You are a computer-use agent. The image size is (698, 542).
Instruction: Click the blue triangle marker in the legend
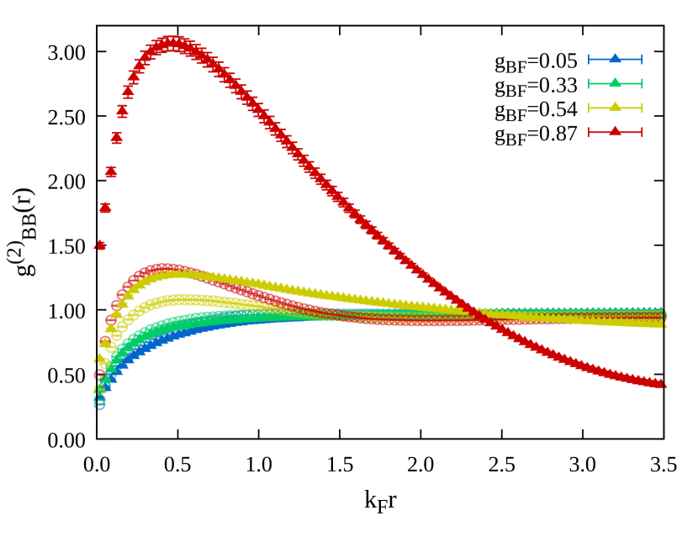[615, 59]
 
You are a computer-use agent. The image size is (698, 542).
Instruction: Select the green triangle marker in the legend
[615, 83]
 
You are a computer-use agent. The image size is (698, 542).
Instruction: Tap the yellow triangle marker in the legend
[615, 108]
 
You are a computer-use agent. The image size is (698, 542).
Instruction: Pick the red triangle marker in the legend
[615, 132]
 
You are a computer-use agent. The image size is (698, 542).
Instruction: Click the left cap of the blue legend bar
[589, 59]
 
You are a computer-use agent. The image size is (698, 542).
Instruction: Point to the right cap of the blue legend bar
[642, 59]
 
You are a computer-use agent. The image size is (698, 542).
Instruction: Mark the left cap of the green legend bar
[589, 83]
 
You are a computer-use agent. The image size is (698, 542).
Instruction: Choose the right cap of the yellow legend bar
[642, 108]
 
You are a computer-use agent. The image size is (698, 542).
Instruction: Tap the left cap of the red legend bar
[589, 132]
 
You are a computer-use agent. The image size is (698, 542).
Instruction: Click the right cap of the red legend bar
[642, 132]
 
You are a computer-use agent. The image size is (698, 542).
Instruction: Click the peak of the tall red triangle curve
[172, 42]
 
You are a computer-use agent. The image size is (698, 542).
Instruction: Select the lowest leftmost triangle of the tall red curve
[99, 245]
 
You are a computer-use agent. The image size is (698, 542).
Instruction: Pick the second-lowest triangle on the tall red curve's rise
[105, 208]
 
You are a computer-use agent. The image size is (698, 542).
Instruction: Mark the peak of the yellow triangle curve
[180, 272]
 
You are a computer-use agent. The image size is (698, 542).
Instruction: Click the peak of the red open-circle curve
[164, 269]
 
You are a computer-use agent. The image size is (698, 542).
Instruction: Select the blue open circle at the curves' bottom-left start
[99, 403]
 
